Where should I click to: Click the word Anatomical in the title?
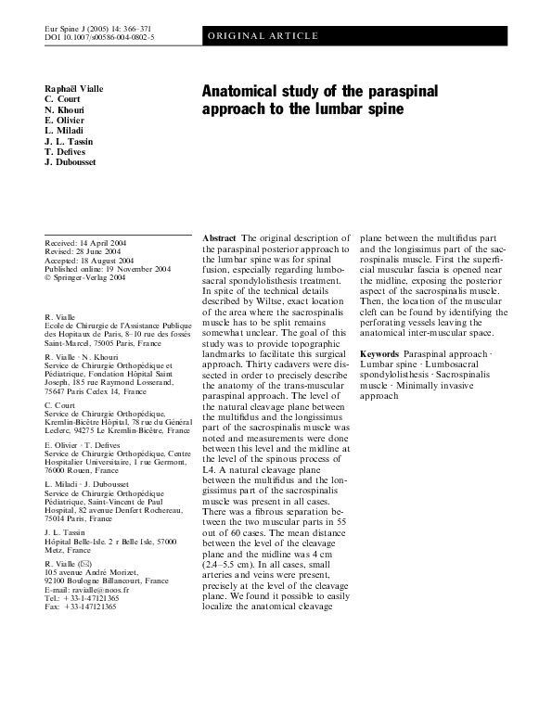[x=242, y=92]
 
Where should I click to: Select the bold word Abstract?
[x=219, y=238]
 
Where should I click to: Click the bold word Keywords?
[x=379, y=355]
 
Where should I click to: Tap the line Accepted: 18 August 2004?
[x=89, y=261]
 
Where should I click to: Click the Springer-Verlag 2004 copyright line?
[x=87, y=278]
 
